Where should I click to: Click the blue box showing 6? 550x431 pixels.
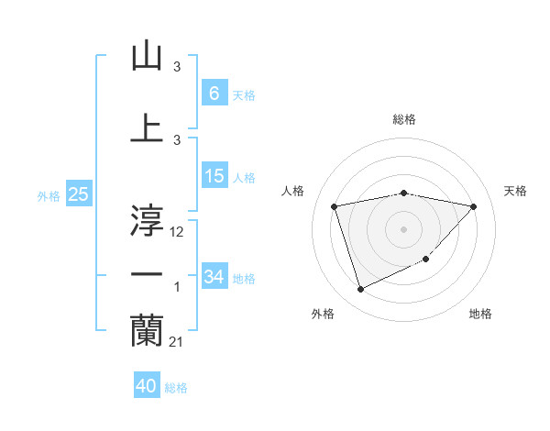[214, 93]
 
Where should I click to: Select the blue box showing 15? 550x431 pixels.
[214, 176]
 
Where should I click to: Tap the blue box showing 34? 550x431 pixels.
[214, 277]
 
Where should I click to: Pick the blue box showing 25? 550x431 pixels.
[78, 194]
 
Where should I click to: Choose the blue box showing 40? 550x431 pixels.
[147, 386]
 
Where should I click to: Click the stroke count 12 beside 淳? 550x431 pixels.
[178, 233]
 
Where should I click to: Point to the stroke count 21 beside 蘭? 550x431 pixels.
[178, 342]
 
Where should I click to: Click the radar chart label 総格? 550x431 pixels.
[404, 119]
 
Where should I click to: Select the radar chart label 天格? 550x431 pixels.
[516, 191]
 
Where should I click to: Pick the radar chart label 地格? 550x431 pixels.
[480, 314]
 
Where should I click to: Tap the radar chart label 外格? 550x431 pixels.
[323, 314]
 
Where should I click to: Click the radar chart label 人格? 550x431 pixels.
[293, 191]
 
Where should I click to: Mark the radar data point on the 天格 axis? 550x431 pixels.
[473, 206]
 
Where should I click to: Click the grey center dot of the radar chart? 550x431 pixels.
[403, 228]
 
